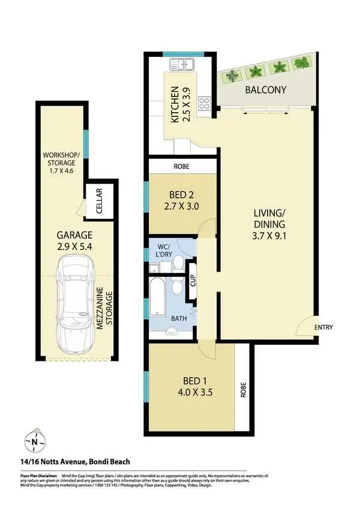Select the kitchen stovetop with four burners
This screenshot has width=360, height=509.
(x=204, y=103)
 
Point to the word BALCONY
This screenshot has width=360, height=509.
(x=265, y=91)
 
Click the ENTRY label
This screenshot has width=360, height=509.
(x=323, y=327)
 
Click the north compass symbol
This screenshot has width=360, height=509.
(x=35, y=442)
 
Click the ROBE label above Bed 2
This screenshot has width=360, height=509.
(x=182, y=167)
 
